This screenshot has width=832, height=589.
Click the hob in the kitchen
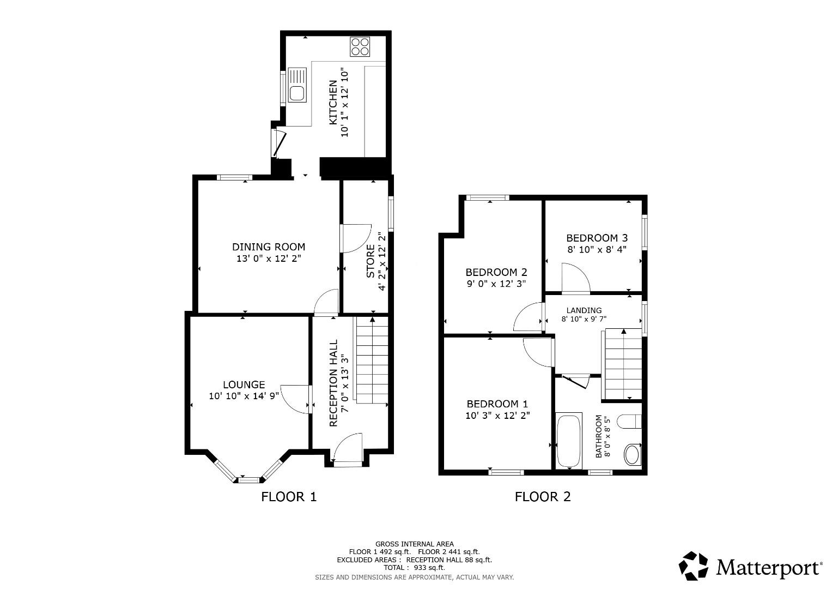(360, 46)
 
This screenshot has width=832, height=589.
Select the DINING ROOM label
(269, 247)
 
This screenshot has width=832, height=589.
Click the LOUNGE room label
(244, 385)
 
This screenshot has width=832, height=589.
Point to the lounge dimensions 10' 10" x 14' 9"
(244, 396)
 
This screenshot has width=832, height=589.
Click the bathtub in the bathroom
(568, 441)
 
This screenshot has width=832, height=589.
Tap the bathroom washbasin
(633, 454)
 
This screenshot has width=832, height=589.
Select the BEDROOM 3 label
(597, 238)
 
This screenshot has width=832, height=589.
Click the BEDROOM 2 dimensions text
(496, 284)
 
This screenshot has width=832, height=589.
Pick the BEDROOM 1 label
(497, 404)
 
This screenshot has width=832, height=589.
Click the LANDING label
(584, 310)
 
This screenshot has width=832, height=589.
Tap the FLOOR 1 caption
(289, 497)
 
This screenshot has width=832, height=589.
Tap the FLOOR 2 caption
(543, 497)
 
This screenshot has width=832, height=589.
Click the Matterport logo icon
(694, 566)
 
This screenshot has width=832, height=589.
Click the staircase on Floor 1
(372, 360)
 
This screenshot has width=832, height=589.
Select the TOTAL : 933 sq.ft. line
(414, 568)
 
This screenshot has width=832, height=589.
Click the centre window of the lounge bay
(249, 480)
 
